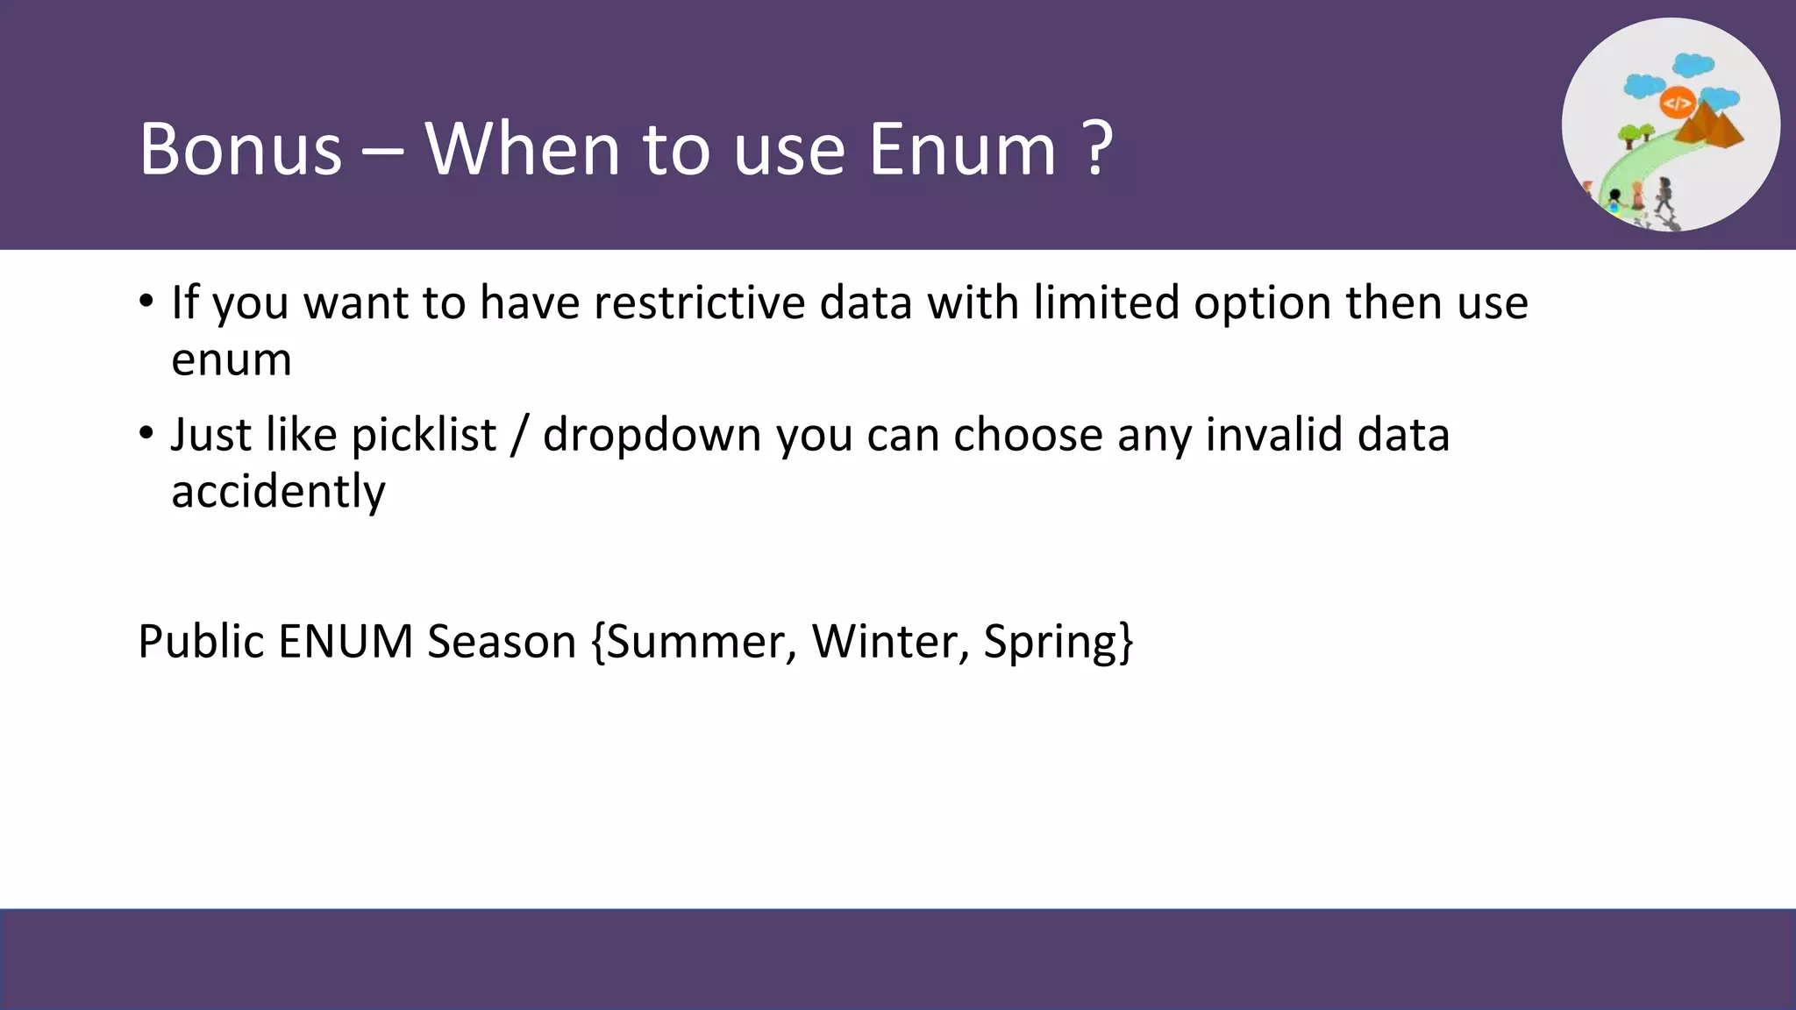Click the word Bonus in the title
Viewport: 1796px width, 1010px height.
(240, 149)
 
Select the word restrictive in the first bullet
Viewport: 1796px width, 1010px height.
(699, 302)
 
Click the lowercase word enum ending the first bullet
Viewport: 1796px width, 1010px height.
(232, 359)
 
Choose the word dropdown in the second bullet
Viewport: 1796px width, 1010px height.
(652, 437)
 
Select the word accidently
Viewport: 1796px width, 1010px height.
(278, 491)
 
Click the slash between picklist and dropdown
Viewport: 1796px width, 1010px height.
(519, 435)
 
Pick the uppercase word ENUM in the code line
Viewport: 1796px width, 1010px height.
(346, 641)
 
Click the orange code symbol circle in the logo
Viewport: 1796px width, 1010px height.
(1677, 103)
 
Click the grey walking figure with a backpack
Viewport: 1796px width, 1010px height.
(1664, 196)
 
